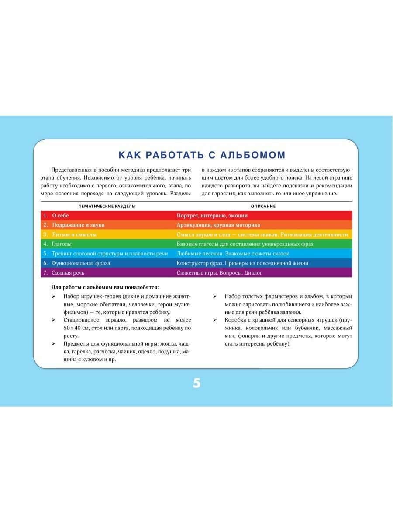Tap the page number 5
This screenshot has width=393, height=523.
196,384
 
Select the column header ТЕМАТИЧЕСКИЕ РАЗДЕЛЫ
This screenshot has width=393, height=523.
107,206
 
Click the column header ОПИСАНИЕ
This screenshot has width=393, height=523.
263,206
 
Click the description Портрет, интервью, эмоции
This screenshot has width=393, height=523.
212,215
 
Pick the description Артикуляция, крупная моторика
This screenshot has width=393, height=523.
218,225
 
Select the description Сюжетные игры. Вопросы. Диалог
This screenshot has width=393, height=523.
219,273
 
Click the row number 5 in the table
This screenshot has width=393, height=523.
45,254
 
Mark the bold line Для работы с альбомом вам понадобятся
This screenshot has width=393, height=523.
105,287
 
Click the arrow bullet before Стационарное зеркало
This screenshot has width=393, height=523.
53,320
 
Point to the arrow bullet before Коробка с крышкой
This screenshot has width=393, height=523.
216,320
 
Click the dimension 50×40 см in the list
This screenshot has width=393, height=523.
77,328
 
